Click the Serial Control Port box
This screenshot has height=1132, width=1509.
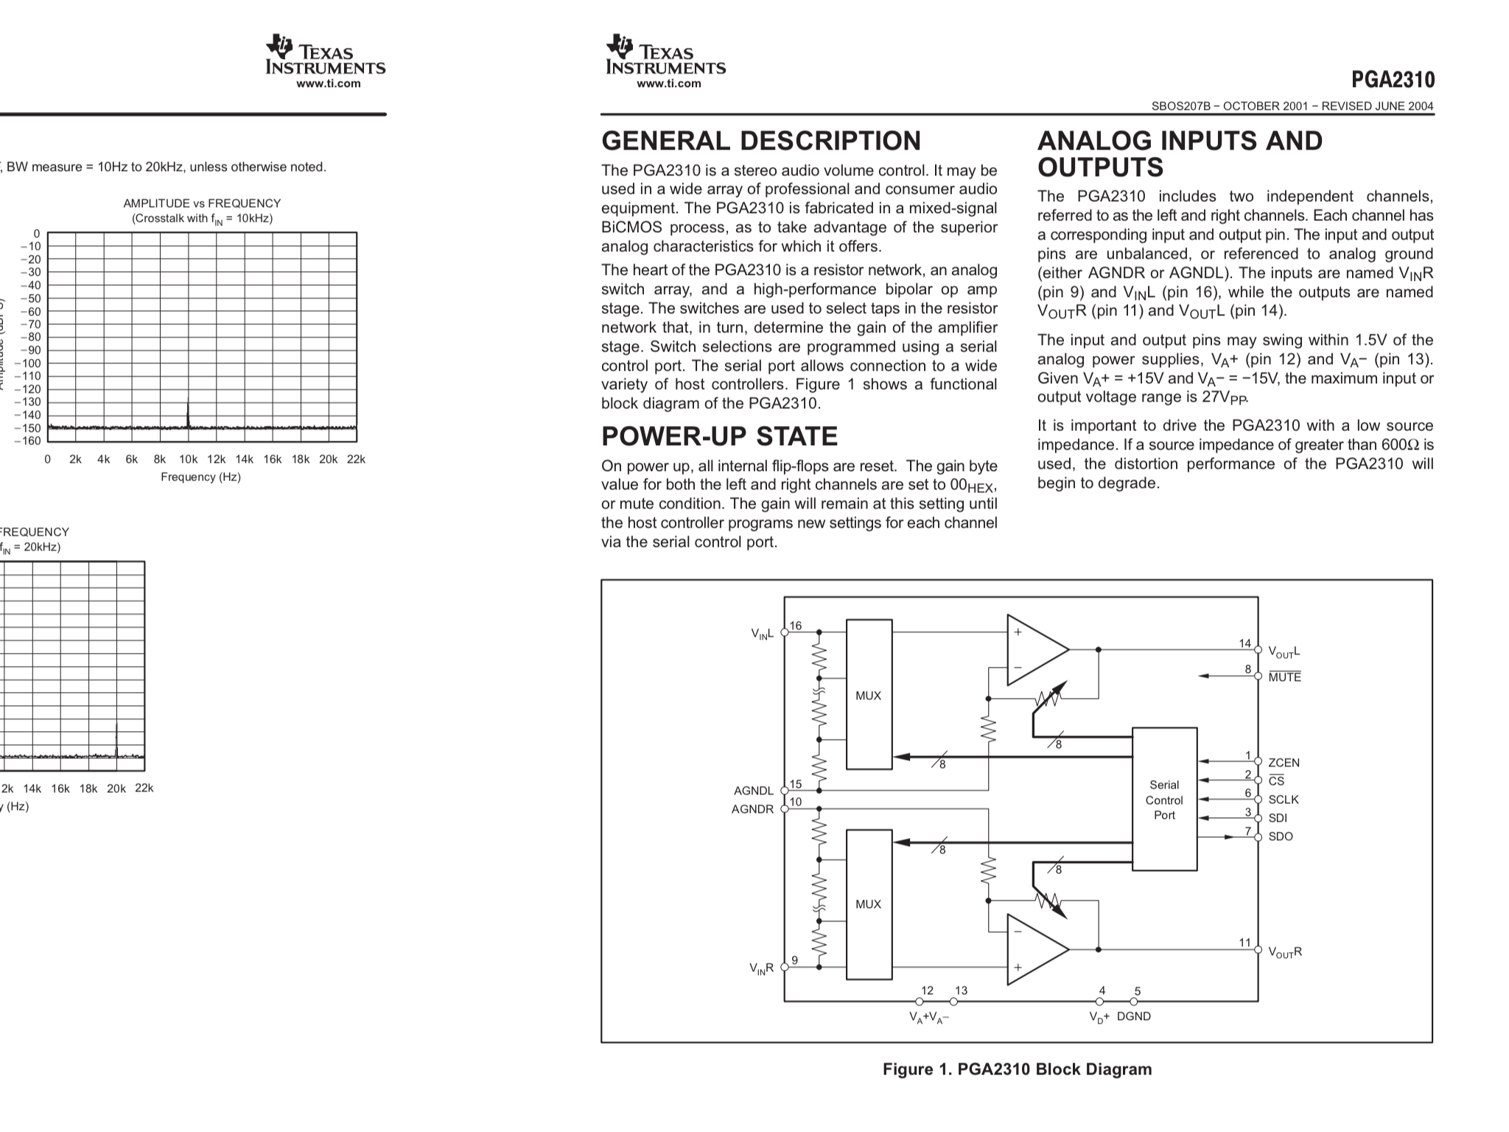(1163, 799)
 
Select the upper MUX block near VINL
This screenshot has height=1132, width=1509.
(869, 695)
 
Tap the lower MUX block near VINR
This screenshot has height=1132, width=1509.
(869, 904)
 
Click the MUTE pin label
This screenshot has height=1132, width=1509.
(1284, 677)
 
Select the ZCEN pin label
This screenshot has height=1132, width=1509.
(1284, 763)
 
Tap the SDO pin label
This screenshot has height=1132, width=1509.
(1281, 836)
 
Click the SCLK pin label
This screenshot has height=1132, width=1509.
(1284, 800)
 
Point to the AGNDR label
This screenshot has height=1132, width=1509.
(752, 809)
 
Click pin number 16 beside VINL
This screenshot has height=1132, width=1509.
(796, 626)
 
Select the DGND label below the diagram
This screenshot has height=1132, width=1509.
(1134, 1016)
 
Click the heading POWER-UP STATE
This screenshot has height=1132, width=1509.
(719, 436)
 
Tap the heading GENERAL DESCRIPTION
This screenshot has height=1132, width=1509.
(761, 141)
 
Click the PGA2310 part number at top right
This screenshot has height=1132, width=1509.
(1393, 80)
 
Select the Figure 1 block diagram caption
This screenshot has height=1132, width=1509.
(1017, 1069)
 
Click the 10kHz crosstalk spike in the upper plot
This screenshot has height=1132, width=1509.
(188, 413)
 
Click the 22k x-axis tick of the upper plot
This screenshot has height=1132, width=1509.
(356, 459)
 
